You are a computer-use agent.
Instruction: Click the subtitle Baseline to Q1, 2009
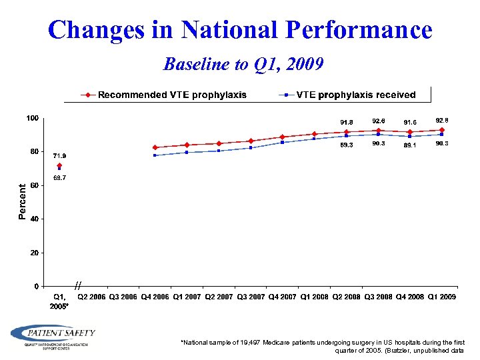tap(243, 64)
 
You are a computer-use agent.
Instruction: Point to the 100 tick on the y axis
tap(32, 118)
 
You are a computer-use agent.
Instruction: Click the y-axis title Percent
tap(22, 202)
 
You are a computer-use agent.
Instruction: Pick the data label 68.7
tap(59, 178)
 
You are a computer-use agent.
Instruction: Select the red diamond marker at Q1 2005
tap(59, 165)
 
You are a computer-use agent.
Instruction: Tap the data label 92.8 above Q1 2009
tap(442, 121)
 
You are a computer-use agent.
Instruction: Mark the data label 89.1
tap(409, 145)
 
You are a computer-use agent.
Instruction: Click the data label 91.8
tap(347, 122)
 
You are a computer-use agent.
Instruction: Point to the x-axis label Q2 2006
tap(91, 297)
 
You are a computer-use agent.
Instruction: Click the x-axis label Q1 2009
tap(441, 297)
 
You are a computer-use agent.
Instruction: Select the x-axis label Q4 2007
tap(282, 297)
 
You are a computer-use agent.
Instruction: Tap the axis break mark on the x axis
tap(78, 285)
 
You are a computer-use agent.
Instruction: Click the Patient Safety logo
tap(53, 335)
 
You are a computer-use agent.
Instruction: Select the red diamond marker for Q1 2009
tap(441, 130)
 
